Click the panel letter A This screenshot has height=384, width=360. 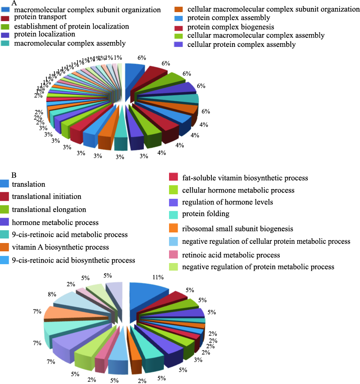pyautogui.click(x=14, y=3)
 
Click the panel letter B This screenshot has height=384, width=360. pyautogui.click(x=14, y=175)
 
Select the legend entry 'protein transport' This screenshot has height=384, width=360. pyautogui.click(x=40, y=17)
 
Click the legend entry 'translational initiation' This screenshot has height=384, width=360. pyautogui.click(x=47, y=197)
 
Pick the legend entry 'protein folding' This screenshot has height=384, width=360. pyautogui.click(x=206, y=214)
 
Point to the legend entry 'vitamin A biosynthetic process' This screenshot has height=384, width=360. pyautogui.click(x=60, y=247)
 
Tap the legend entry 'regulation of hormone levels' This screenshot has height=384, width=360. pyautogui.click(x=227, y=202)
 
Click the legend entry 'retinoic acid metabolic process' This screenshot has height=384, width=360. pyautogui.click(x=231, y=255)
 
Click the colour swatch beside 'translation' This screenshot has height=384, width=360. pyautogui.click(x=5, y=184)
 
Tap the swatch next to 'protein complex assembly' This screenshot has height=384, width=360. pyautogui.click(x=178, y=18)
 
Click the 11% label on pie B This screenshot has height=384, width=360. pyautogui.click(x=158, y=277)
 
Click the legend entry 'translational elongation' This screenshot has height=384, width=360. pyautogui.click(x=49, y=209)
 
